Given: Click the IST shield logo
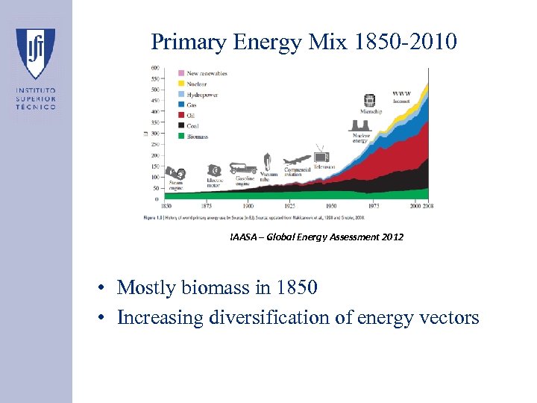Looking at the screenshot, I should click(36, 53).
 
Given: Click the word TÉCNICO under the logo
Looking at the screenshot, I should click(36, 107).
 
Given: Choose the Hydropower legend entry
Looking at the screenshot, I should click(201, 95).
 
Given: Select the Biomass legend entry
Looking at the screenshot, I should click(197, 137).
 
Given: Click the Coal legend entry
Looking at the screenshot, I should click(192, 126).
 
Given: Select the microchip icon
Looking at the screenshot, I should click(368, 101).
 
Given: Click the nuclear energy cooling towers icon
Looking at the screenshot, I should click(360, 127).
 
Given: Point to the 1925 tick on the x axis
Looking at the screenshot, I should click(290, 205).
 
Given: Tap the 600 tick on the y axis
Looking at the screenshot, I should click(155, 68).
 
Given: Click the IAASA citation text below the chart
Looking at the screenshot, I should click(316, 237).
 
